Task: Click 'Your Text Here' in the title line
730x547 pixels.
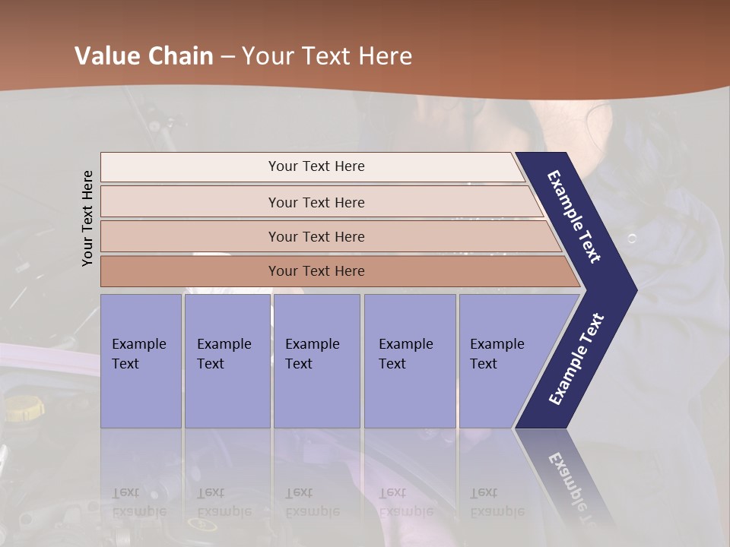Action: [326, 56]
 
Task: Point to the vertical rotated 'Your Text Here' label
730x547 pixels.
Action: [87, 218]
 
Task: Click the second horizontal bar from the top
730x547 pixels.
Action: [316, 202]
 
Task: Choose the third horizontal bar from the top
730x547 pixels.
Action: [316, 236]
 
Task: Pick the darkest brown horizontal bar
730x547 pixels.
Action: [316, 271]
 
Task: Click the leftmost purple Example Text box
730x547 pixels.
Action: [141, 361]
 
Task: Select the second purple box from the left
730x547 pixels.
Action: [227, 361]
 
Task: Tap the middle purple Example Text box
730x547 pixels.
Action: [316, 361]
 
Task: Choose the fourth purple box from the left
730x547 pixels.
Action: [409, 361]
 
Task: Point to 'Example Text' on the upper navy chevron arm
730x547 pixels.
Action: [574, 217]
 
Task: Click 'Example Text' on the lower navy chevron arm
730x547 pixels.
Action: [576, 359]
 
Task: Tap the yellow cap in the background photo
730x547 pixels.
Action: [24, 408]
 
